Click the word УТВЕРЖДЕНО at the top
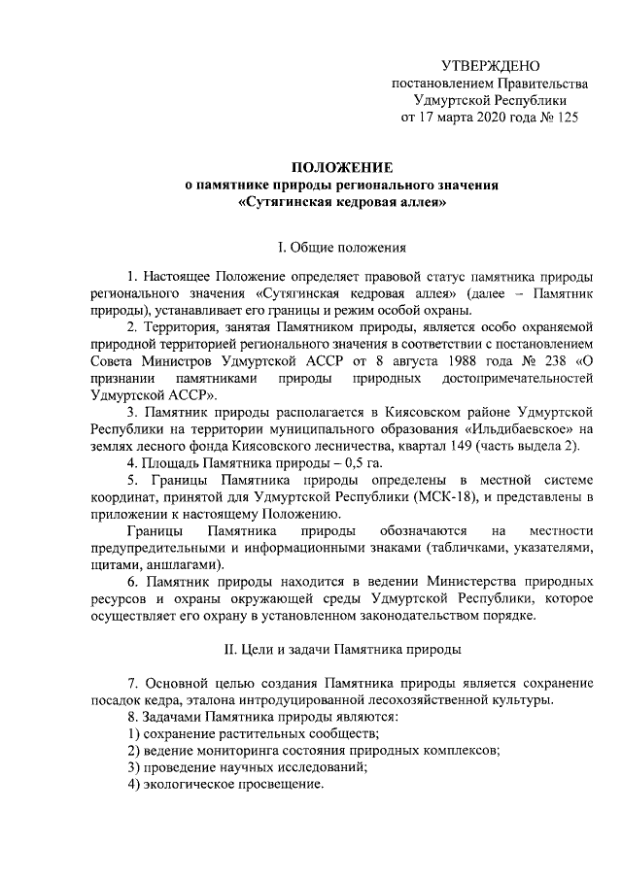coord(491,66)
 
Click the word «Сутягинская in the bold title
coord(285,204)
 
